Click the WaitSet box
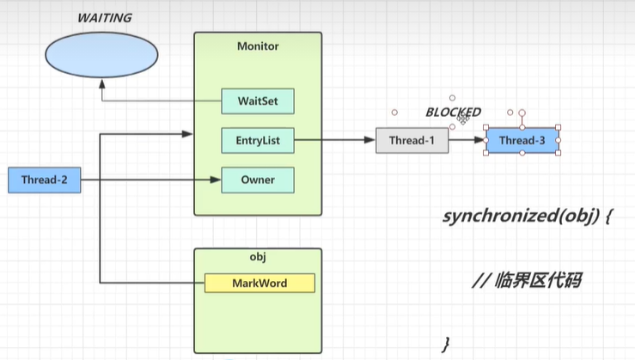coord(258,101)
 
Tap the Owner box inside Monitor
coord(258,180)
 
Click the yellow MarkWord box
coord(259,283)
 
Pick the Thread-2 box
coord(44,180)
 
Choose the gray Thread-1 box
coord(412,140)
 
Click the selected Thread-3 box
coord(522,140)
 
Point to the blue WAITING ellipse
coord(101,53)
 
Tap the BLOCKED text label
coord(453,113)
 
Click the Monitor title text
coord(258,46)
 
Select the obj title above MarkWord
coord(258,259)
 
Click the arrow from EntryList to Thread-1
coord(335,140)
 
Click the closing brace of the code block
coord(445,344)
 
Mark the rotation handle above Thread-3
coord(522,112)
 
